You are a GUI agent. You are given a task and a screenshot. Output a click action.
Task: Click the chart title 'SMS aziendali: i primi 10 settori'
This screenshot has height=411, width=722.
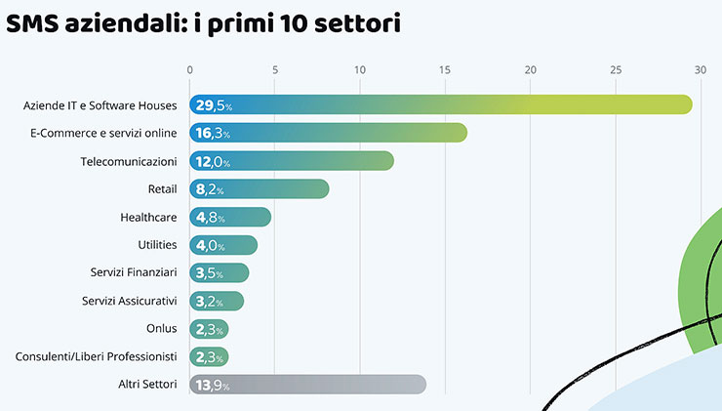click(x=203, y=24)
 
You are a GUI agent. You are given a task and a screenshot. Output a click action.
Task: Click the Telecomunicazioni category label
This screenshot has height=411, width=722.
click(x=129, y=161)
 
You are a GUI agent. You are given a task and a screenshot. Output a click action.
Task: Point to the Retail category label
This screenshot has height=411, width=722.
click(x=162, y=189)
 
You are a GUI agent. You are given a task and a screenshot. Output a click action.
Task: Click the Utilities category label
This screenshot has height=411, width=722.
click(x=157, y=245)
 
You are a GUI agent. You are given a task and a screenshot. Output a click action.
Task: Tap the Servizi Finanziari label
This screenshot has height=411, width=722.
click(x=134, y=273)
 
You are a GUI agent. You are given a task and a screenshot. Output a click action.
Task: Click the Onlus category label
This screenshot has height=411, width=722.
click(x=161, y=329)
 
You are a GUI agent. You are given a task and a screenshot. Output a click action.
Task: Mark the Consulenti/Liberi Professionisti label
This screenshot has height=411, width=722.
click(x=96, y=357)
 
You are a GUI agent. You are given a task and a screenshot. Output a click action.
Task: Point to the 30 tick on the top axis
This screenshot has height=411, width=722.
click(x=700, y=69)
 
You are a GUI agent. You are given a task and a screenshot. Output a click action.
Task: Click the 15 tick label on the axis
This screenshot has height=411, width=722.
click(x=445, y=69)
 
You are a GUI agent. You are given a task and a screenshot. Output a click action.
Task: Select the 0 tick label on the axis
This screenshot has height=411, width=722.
click(x=190, y=69)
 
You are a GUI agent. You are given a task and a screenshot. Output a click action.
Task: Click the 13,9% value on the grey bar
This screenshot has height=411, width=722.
click(x=213, y=386)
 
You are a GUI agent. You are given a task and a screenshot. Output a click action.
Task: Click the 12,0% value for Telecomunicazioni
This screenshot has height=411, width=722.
click(x=213, y=161)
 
